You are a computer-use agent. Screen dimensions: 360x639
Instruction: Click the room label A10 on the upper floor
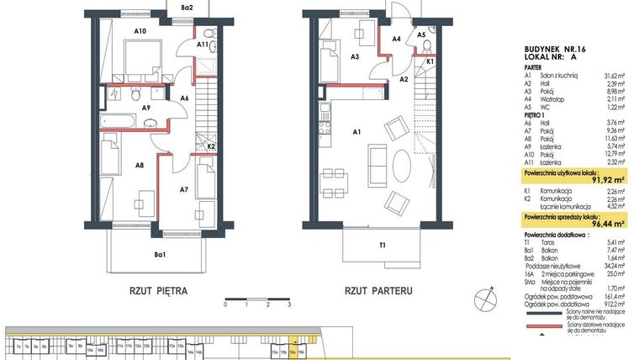click(x=140, y=31)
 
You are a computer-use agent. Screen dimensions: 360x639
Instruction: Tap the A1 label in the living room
click(x=356, y=131)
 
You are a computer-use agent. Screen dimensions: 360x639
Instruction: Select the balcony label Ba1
click(x=159, y=255)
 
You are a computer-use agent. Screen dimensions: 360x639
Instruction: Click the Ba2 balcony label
click(x=187, y=8)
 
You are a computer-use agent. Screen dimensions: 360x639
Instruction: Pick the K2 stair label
click(x=212, y=146)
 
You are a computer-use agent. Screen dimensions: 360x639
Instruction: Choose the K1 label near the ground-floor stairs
click(x=429, y=61)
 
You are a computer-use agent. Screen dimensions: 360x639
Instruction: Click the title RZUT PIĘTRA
click(x=158, y=292)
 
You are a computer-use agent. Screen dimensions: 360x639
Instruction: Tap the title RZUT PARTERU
click(x=378, y=292)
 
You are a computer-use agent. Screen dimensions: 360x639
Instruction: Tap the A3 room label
click(x=356, y=56)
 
